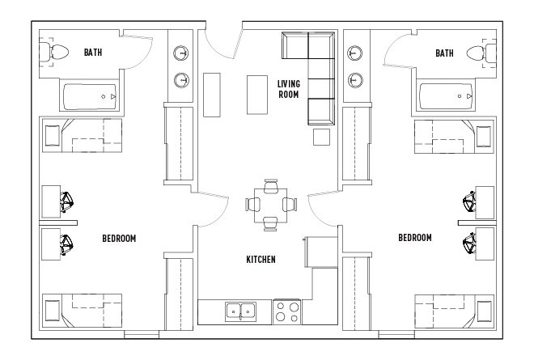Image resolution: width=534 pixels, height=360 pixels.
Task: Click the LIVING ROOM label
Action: click(288, 88)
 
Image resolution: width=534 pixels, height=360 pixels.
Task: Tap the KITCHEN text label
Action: click(261, 260)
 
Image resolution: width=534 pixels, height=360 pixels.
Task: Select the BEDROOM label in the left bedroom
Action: click(118, 239)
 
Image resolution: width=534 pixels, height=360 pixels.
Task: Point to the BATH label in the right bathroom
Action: click(444, 53)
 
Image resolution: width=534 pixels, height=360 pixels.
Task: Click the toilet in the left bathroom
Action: click(57, 53)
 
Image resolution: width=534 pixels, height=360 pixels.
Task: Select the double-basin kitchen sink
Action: click(240, 311)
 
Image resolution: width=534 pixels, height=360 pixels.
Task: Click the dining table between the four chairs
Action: click(271, 204)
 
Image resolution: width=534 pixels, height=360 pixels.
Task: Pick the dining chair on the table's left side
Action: click(252, 204)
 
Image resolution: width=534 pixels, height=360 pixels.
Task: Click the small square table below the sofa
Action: click(322, 137)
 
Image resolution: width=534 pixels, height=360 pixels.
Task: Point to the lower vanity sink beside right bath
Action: click(354, 80)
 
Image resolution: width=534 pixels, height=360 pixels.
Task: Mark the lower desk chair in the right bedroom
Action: click(468, 240)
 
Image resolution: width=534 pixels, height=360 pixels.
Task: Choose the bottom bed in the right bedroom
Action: click(453, 310)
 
